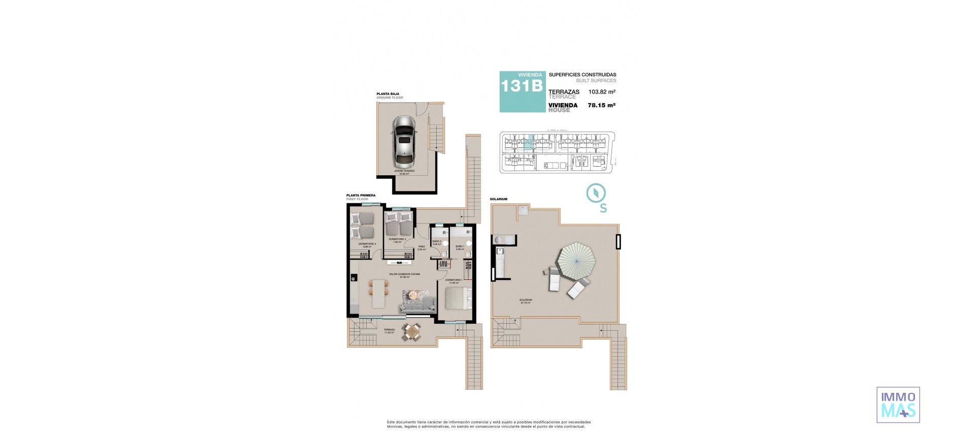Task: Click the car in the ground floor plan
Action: (x=404, y=142)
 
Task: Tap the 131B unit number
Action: (x=522, y=86)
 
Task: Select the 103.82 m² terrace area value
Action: (x=602, y=92)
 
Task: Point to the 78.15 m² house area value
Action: (x=602, y=105)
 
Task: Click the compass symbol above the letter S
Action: (x=596, y=193)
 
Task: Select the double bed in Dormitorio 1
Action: (x=458, y=298)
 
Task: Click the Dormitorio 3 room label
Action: (x=367, y=244)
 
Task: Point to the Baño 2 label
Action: (x=437, y=241)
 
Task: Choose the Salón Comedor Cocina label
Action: (x=404, y=274)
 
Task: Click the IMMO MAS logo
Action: (x=898, y=404)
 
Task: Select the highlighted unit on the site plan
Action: (x=529, y=142)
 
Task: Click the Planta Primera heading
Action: (x=361, y=195)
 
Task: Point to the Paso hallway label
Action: (x=421, y=247)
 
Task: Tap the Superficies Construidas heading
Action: (x=582, y=75)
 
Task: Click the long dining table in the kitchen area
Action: (x=379, y=294)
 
